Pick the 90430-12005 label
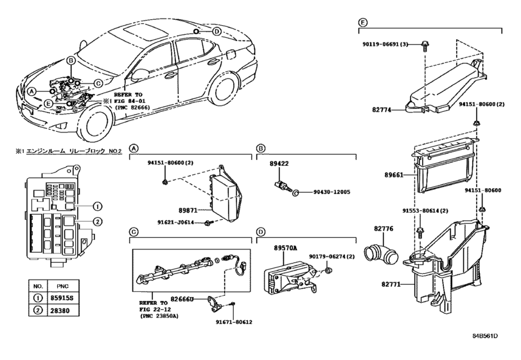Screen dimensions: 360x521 [x=331, y=192]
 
